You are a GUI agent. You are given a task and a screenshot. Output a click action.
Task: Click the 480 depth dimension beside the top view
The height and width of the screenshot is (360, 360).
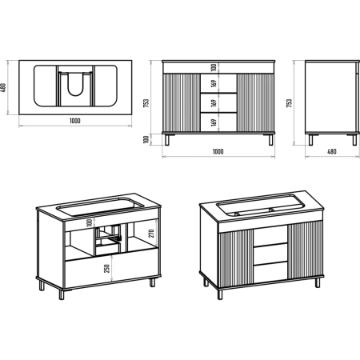coord(3,88)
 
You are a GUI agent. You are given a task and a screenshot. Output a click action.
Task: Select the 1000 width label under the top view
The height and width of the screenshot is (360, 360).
coord(75,121)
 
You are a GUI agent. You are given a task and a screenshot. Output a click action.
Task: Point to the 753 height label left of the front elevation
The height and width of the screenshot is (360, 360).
coord(146,103)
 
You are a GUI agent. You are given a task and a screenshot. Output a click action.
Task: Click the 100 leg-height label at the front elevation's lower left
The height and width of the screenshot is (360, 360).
coord(146,139)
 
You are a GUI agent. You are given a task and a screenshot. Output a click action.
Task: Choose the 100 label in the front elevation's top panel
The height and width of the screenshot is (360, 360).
coord(214,67)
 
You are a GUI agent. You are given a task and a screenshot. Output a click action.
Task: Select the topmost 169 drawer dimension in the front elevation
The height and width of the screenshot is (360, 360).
coord(214,84)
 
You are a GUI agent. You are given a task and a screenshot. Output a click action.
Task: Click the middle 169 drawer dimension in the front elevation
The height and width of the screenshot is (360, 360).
coord(214,103)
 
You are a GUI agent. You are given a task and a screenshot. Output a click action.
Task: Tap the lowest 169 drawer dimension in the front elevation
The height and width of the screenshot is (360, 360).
coord(214,122)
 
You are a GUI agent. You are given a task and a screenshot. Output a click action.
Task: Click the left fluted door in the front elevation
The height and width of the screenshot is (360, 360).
coord(181,102)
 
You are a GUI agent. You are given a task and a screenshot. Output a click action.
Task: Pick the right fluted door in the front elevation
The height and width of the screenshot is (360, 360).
coord(255,102)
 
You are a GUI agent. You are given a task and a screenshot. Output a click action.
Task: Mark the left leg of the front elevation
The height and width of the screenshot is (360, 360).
coord(167,140)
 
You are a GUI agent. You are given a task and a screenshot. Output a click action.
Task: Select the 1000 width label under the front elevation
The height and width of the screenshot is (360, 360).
coord(218,152)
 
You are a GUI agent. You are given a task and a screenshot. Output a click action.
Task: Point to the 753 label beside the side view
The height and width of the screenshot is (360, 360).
coord(289,103)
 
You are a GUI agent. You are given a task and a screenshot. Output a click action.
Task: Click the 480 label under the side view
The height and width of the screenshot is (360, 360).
coord(331,151)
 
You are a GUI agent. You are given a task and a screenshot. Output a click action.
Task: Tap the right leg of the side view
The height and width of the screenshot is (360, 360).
coord(354,140)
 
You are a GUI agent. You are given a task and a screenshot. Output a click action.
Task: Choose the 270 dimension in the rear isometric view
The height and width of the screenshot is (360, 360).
coord(151,234)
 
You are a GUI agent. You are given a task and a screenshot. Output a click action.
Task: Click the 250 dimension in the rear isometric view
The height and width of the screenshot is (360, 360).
coord(107,269)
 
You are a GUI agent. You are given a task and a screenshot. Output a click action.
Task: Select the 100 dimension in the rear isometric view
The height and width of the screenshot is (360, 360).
coord(90,222)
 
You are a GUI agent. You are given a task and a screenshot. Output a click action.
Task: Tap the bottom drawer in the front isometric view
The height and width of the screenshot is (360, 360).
coord(270,271)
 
